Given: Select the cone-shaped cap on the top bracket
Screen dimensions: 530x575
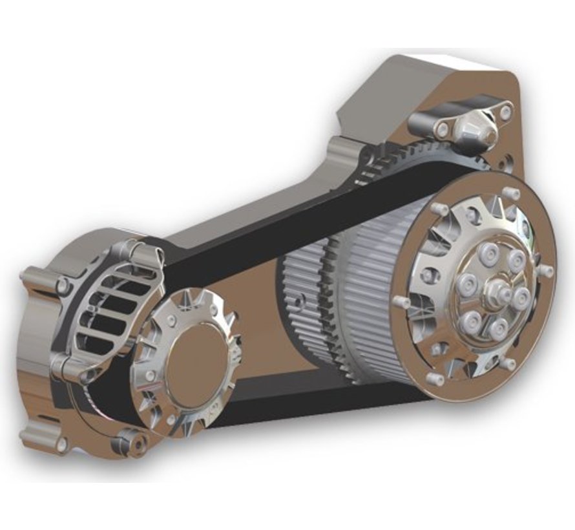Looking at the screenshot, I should pos(479,132).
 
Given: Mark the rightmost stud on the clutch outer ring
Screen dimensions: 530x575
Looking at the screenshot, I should pos(546,270).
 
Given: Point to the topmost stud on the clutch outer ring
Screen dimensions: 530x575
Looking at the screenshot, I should pos(513,193).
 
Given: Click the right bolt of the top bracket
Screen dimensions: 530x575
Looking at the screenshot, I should pos(505,112).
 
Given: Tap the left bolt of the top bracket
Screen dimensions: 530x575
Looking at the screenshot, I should pos(443,130).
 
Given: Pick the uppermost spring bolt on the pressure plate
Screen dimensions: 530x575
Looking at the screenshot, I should pos(516,260).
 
